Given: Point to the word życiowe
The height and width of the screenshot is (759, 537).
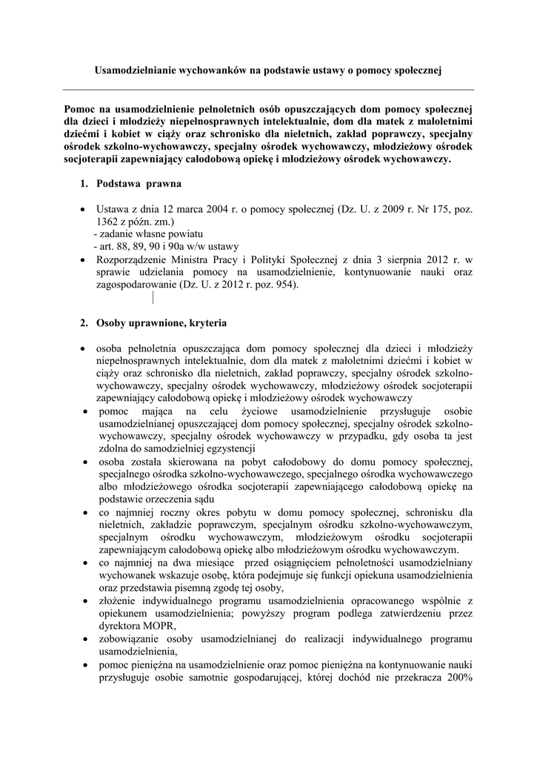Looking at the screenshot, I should [264, 411].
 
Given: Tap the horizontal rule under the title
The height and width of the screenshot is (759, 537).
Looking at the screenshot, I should [268, 90].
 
